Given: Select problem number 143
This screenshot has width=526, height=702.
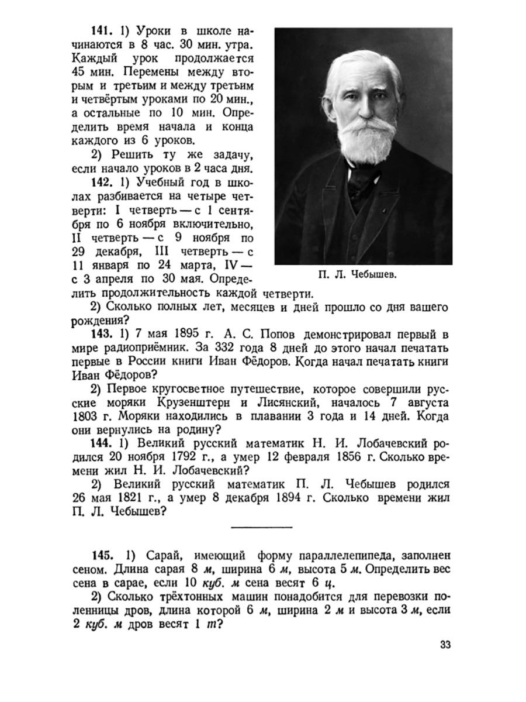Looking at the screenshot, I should click(102, 334).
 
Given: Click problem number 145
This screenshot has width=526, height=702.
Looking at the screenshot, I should click(102, 554).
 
